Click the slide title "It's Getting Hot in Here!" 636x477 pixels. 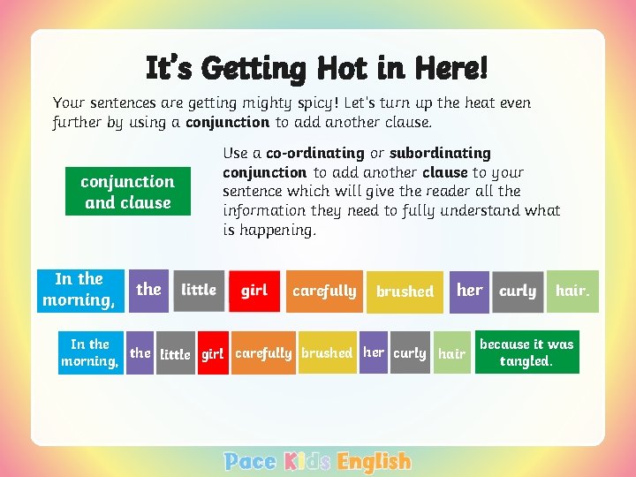(316, 67)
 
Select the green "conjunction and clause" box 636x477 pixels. (127, 192)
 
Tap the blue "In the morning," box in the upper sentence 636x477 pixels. (78, 291)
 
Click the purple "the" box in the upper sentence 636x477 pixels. (148, 291)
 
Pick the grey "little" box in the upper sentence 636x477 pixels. (199, 291)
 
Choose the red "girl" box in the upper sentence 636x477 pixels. (254, 291)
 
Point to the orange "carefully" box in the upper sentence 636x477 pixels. (324, 291)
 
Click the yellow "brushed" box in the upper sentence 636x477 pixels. (405, 291)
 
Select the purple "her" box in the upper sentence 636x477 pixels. (469, 291)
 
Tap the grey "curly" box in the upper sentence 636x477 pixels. (518, 291)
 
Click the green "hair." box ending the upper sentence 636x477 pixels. (572, 291)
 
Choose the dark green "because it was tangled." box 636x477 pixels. (526, 352)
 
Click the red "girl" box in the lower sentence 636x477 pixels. (212, 353)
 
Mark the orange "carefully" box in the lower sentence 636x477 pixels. (263, 353)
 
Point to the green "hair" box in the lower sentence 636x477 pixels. (451, 353)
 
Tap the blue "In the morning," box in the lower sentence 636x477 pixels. (89, 352)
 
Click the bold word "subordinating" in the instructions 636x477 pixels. (440, 153)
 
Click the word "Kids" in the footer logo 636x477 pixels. (307, 461)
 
